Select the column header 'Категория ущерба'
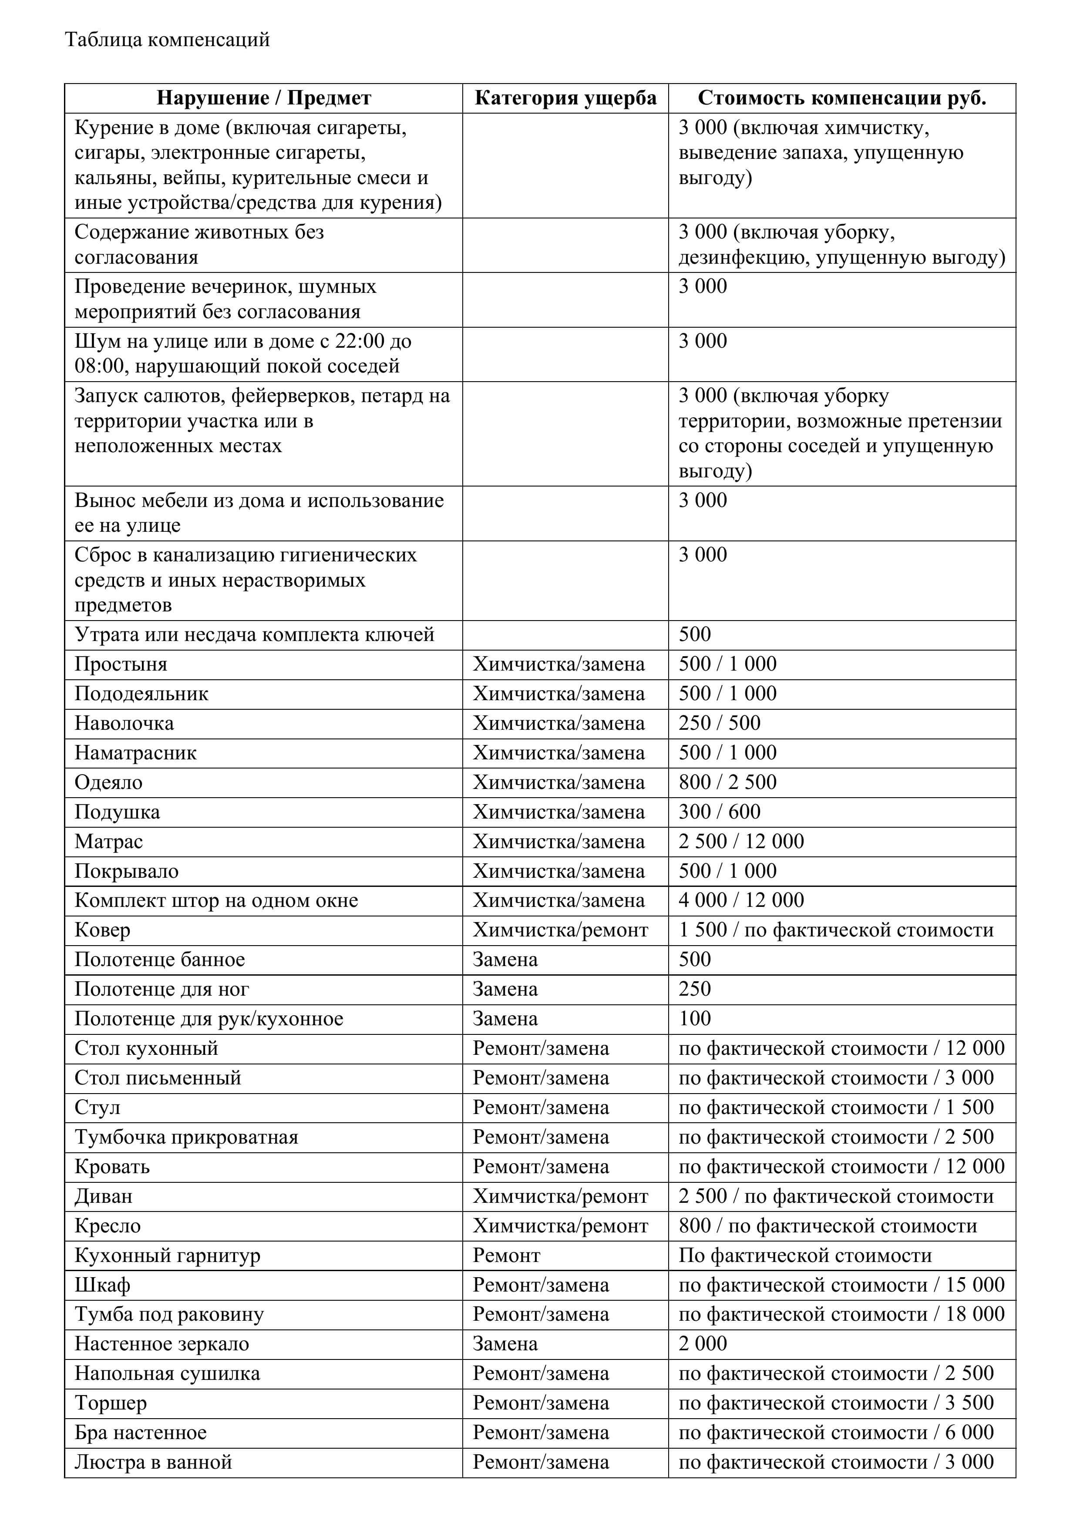[x=565, y=98]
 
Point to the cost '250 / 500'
[x=719, y=723]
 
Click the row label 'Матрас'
[x=108, y=841]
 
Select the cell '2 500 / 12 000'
[x=740, y=841]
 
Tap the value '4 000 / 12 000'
[x=740, y=900]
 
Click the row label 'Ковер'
[x=102, y=930]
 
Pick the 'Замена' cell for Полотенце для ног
[x=505, y=989]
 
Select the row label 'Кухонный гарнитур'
[x=167, y=1255]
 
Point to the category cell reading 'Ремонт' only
[x=506, y=1255]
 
